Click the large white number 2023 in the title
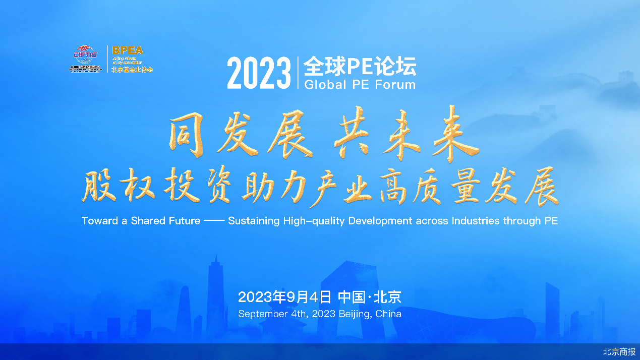click(259, 74)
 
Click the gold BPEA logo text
click(128, 50)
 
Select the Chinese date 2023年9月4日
click(284, 297)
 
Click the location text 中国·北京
click(370, 297)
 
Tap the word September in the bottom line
click(263, 314)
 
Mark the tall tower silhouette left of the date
click(216, 297)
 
